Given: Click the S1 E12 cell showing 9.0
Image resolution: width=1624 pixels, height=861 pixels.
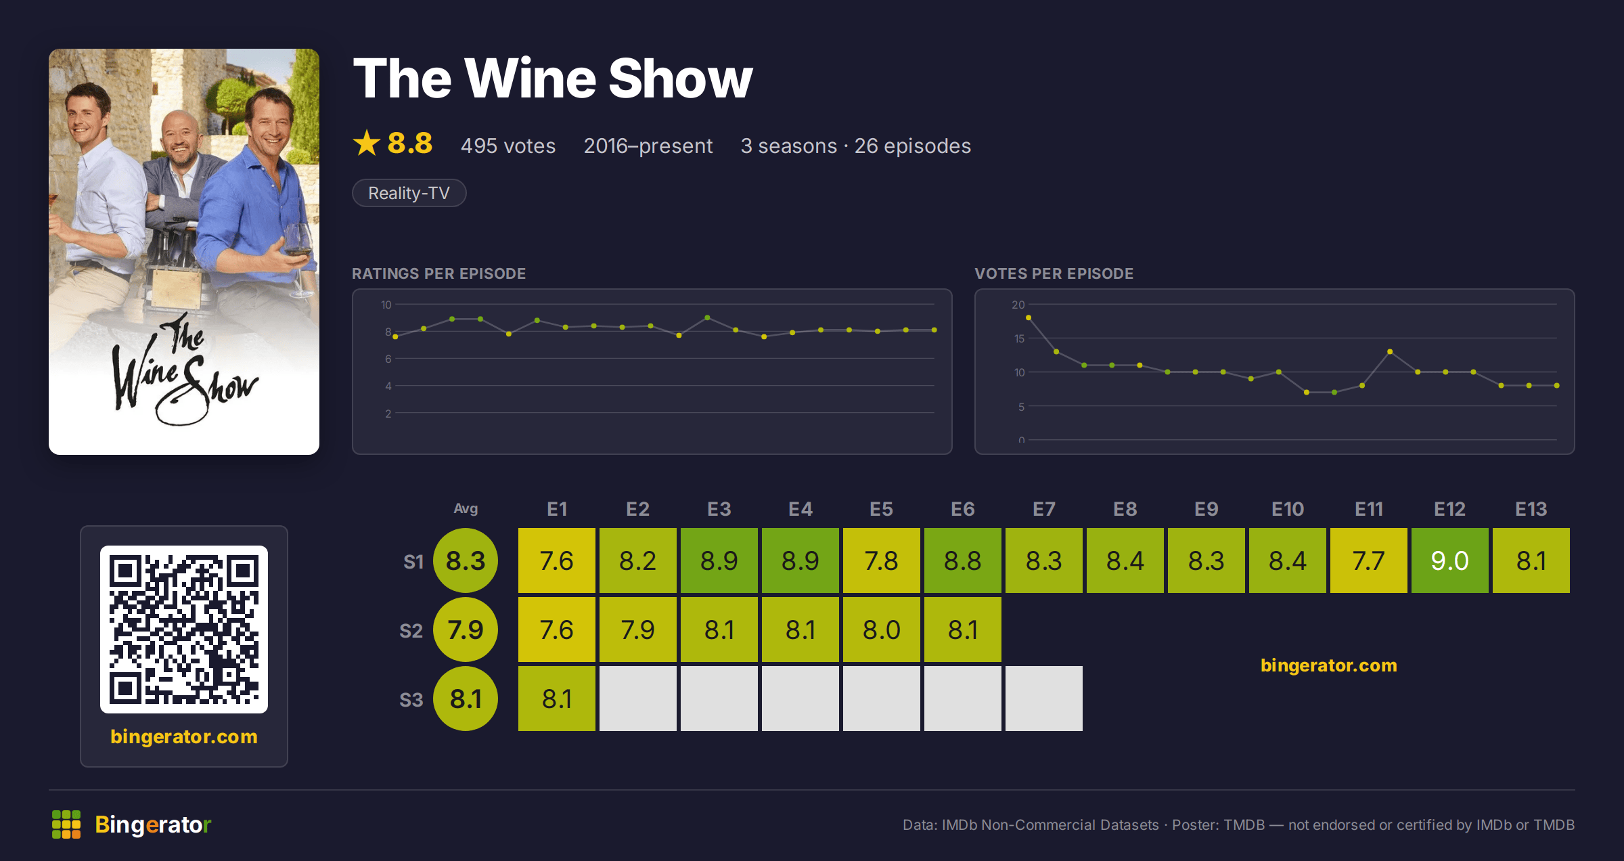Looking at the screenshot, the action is [1449, 560].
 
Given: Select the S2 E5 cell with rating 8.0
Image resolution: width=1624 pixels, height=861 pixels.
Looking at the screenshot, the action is [881, 630].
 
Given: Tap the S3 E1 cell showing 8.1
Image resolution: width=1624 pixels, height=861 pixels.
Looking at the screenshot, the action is [556, 699].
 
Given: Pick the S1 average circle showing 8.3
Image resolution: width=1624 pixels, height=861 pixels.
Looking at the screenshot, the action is [466, 560].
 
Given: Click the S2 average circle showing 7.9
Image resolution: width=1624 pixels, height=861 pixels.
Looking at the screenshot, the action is [466, 630].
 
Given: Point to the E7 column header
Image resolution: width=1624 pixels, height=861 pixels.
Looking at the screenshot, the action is [1043, 509].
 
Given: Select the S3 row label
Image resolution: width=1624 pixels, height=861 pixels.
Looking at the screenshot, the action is [411, 700].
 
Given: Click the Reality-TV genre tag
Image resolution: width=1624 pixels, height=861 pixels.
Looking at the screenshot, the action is [409, 193].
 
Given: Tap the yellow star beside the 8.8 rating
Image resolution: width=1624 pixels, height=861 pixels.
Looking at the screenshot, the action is [367, 143].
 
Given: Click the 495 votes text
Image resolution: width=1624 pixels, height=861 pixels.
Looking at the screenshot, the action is [507, 146].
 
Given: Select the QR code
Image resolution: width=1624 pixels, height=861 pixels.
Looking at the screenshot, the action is [184, 630].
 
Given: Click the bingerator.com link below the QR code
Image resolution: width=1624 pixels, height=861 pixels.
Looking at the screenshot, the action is [184, 736].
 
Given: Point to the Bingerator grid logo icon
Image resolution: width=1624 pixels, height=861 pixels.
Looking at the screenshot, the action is [66, 824].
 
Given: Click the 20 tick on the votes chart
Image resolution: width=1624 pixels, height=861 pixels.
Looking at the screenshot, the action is [1018, 305].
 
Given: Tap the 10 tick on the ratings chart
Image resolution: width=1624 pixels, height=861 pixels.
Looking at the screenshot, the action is [386, 305].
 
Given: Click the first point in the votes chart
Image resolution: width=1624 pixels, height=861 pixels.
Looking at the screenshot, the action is [1029, 317].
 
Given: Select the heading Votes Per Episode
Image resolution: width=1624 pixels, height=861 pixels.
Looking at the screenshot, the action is [1054, 273].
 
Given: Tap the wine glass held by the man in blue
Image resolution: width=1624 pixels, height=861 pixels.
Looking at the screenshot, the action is [298, 257].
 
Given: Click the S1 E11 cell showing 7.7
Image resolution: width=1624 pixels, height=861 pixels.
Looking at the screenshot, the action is [1368, 560].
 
